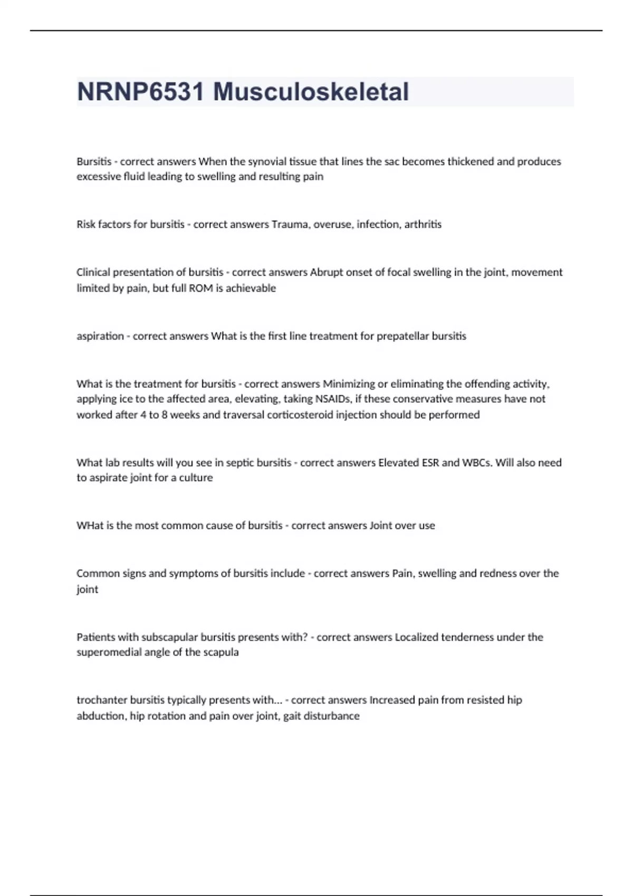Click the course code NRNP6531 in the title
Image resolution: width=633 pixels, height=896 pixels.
coord(140,92)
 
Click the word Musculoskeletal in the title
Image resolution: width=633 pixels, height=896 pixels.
coord(311,92)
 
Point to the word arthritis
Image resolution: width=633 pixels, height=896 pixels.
coord(423,225)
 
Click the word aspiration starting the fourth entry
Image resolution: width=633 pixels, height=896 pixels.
coord(100,336)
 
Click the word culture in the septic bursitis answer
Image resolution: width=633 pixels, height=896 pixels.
coord(196,478)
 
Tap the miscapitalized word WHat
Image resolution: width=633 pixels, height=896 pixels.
coord(90,525)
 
